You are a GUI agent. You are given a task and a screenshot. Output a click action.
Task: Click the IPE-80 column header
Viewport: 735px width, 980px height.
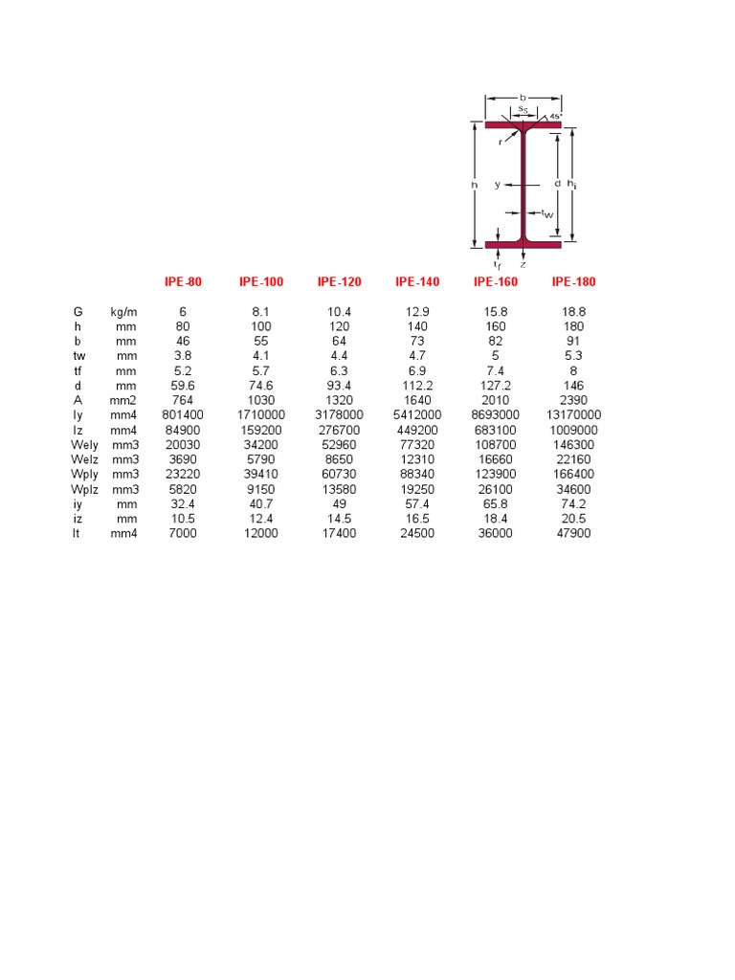(x=183, y=281)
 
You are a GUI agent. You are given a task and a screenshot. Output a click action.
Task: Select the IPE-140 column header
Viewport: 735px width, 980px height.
(x=417, y=281)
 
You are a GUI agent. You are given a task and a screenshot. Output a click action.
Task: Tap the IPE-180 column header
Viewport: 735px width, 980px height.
(x=573, y=281)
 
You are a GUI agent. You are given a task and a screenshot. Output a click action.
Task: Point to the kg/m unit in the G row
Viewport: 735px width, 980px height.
(x=122, y=312)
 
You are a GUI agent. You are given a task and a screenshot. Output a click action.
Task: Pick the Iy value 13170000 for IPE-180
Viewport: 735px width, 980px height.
(x=573, y=415)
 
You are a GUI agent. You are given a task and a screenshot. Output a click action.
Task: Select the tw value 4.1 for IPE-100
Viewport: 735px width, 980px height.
(x=261, y=356)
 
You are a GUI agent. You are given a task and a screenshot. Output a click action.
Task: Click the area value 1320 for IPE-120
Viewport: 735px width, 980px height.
(x=340, y=400)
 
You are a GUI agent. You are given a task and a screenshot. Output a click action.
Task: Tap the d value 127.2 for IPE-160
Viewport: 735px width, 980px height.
(x=496, y=386)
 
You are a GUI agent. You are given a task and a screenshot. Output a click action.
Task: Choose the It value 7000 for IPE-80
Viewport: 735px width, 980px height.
(x=183, y=533)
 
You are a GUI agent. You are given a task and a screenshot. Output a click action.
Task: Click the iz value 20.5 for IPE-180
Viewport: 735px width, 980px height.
(x=573, y=518)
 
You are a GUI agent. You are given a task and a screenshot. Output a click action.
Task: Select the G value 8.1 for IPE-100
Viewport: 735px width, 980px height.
(x=261, y=312)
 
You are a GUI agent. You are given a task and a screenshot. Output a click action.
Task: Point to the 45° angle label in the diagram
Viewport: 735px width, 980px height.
(x=555, y=116)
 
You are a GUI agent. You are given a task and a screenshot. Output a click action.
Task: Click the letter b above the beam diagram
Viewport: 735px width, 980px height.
(x=523, y=97)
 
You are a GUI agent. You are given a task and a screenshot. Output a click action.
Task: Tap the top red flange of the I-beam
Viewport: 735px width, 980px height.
(x=523, y=124)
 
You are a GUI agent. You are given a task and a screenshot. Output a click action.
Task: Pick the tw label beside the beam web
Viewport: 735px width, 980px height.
(x=547, y=213)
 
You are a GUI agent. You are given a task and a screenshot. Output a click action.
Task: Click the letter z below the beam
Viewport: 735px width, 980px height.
(x=523, y=264)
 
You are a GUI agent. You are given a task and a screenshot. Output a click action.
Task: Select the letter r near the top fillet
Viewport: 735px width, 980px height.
(x=501, y=142)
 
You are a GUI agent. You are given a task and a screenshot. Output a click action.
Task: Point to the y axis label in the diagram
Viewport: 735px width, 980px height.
(x=498, y=185)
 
